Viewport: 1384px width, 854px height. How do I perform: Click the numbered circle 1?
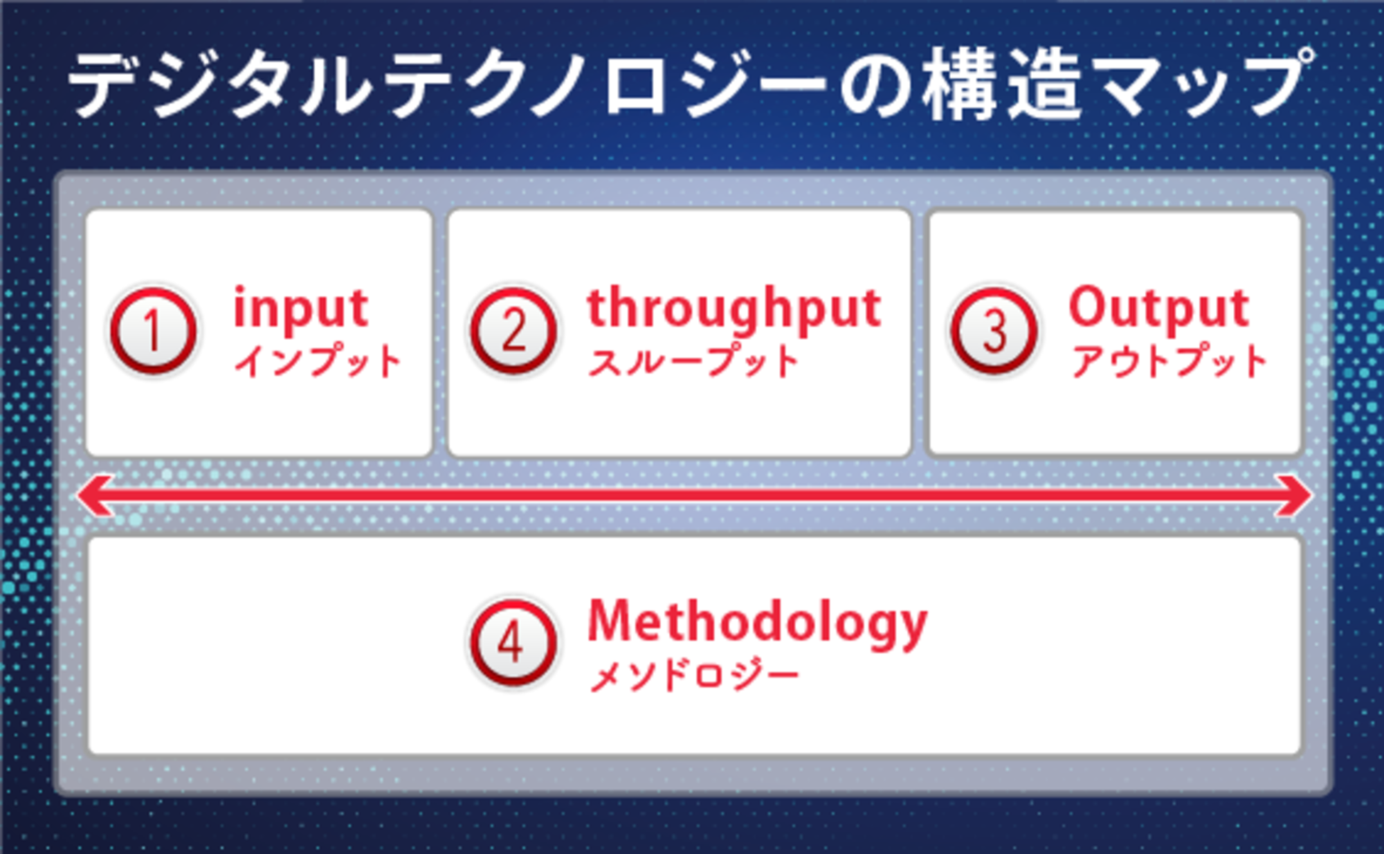154,331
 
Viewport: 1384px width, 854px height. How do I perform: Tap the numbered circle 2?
513,331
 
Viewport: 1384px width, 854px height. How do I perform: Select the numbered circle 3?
994,331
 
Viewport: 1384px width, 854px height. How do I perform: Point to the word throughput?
734,309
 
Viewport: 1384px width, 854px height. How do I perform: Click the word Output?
1159,307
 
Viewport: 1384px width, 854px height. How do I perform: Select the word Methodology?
757,623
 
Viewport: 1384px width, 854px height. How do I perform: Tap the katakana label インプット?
318,361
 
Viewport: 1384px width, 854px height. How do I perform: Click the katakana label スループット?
693,361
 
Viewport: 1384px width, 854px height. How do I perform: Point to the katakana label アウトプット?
1169,361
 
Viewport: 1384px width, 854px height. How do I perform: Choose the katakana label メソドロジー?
694,675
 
